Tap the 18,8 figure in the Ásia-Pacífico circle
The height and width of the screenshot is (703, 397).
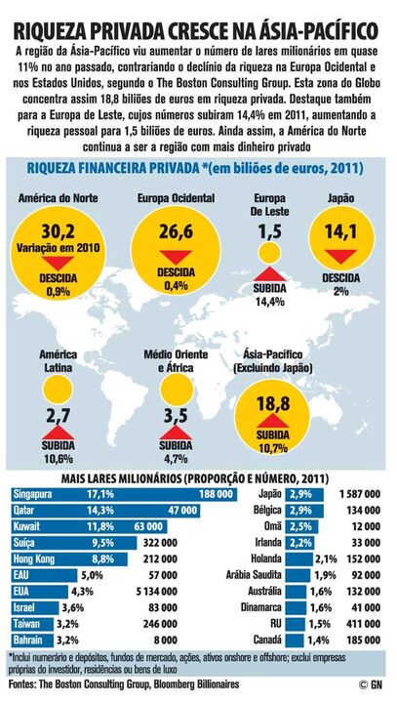coord(271,406)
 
